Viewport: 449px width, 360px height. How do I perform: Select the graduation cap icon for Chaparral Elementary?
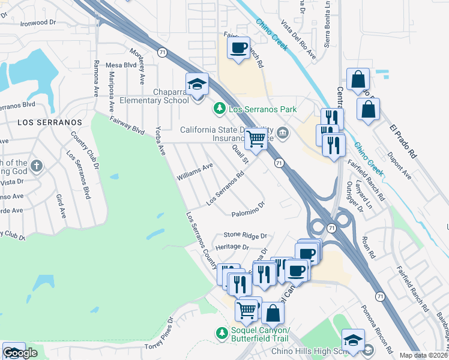point(196,85)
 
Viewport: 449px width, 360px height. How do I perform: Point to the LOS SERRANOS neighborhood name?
point(49,122)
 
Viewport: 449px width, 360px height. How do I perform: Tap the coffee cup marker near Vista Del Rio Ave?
point(239,48)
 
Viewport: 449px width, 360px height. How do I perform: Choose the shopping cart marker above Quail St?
point(256,139)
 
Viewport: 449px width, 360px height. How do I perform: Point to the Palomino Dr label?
point(248,208)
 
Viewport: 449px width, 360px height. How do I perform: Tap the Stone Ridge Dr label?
point(245,236)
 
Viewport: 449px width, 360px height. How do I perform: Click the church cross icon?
point(37,166)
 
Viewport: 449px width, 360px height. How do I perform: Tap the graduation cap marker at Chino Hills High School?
point(353,340)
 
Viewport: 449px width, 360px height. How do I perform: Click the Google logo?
point(20,353)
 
